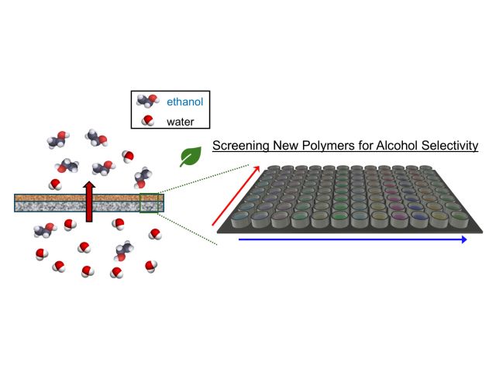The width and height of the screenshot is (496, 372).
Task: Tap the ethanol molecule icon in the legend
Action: pos(146,100)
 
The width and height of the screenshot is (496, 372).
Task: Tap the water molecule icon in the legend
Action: pos(147,120)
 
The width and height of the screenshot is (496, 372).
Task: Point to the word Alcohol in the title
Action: pos(395,145)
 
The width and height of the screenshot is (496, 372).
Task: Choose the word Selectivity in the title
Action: pos(449,145)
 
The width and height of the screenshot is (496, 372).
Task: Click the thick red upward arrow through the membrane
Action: pos(90,203)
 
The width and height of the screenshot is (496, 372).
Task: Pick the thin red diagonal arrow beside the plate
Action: pos(235,195)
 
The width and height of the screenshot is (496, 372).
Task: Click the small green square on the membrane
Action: pos(150,202)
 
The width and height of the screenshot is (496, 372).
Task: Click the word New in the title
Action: pos(286,145)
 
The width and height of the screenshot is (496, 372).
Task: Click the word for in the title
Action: pos(363,145)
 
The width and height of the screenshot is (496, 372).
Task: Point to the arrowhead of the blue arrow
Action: pos(463,240)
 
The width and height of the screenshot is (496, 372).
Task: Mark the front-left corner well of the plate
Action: pos(240,219)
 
